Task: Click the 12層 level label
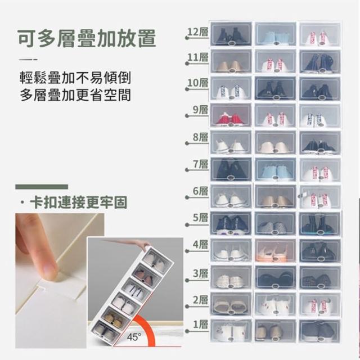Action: [x=197, y=32]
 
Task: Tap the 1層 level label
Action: [x=200, y=325]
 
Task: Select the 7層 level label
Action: [x=200, y=164]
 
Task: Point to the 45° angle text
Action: [x=134, y=337]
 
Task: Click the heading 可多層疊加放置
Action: [x=87, y=38]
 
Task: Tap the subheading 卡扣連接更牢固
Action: [x=78, y=202]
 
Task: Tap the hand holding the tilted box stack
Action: [x=138, y=244]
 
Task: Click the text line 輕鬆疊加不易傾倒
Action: [x=75, y=78]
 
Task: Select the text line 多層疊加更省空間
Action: [x=75, y=95]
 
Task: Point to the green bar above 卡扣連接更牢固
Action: [x=42, y=187]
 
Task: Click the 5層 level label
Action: [x=200, y=218]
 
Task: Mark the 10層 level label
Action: [x=197, y=83]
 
